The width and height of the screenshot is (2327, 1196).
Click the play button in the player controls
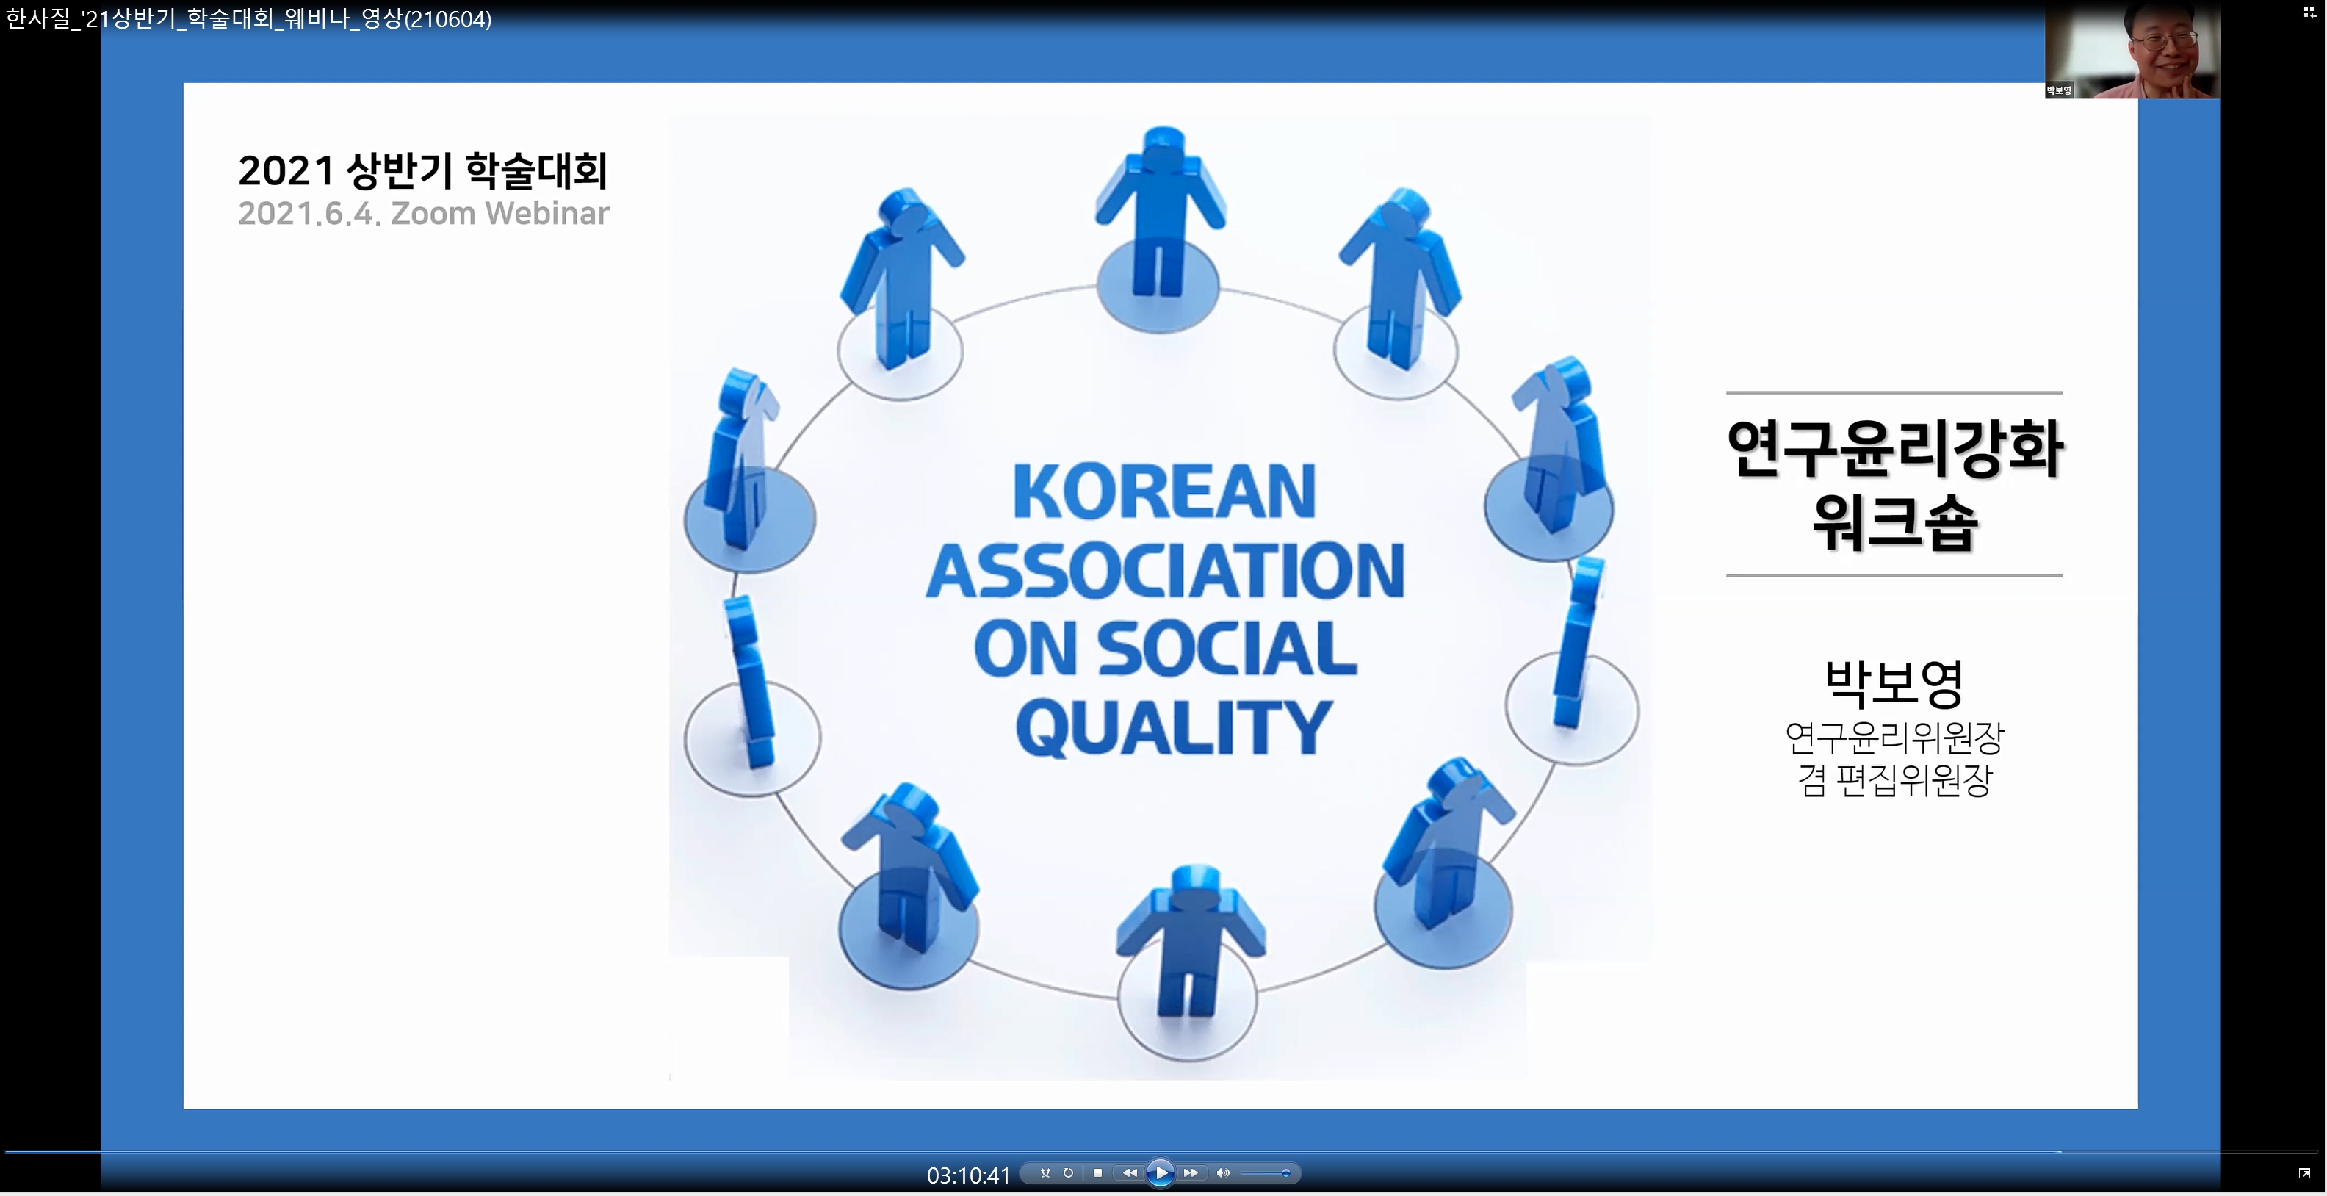click(1160, 1172)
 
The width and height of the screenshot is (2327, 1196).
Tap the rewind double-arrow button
click(1129, 1173)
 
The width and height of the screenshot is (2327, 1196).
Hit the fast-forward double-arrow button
click(1191, 1173)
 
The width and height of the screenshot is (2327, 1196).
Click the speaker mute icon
click(1223, 1173)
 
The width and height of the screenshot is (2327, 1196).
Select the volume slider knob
click(1285, 1173)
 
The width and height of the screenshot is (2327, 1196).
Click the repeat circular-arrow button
click(1069, 1173)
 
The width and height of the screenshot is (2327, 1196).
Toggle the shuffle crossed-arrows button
click(1045, 1173)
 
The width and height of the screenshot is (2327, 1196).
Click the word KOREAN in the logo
click(1163, 492)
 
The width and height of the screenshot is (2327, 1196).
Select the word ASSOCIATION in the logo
click(1165, 571)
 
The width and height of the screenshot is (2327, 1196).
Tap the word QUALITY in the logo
click(1174, 728)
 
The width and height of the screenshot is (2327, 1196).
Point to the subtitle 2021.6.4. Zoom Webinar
click(424, 214)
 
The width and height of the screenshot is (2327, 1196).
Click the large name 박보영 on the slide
click(1894, 684)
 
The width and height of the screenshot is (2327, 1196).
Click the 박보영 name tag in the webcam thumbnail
click(2059, 90)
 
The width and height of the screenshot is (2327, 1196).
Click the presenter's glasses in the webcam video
click(2165, 40)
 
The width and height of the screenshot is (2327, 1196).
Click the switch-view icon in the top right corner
click(2310, 12)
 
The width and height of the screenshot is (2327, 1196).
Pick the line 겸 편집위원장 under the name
click(1894, 780)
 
